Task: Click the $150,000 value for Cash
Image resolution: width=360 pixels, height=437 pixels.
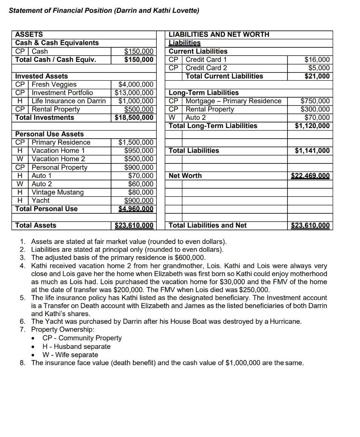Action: point(139,51)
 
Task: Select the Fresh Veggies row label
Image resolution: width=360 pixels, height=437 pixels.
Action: point(54,84)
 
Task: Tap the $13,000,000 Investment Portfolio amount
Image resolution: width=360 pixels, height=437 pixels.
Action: point(134,93)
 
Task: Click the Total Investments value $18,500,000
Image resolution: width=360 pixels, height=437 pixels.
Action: point(134,118)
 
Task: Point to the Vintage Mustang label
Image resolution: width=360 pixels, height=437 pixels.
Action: point(58,192)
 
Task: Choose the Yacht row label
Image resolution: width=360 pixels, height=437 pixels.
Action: point(41,201)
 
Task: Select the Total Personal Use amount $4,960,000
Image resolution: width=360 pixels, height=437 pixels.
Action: point(136,209)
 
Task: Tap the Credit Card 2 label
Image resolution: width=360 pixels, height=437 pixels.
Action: point(206,68)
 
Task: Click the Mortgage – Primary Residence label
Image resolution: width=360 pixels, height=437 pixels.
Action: point(234,101)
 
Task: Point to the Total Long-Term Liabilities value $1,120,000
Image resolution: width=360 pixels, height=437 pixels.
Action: point(313,126)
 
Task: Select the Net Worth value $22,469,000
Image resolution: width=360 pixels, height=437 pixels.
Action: point(310,176)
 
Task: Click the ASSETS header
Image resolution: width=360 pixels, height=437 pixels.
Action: point(29,35)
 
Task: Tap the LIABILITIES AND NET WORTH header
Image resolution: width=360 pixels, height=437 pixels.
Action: point(219,35)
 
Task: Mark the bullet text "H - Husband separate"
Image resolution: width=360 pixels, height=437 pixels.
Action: point(76,347)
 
